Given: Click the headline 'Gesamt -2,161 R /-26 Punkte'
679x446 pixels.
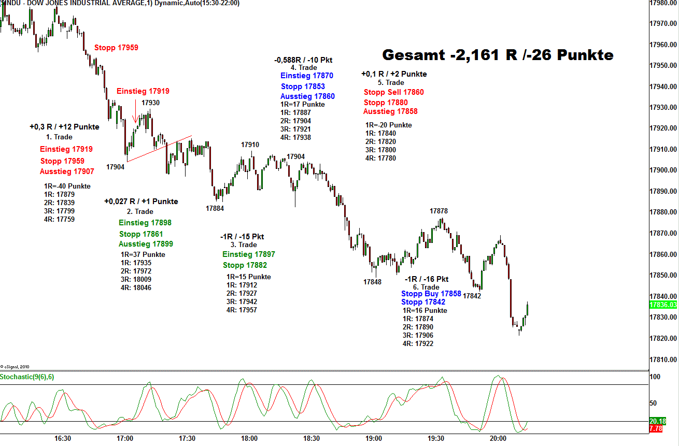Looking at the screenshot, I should (x=498, y=55).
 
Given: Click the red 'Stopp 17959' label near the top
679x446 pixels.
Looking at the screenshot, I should (x=116, y=48).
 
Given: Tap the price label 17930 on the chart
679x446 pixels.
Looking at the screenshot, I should (x=150, y=103).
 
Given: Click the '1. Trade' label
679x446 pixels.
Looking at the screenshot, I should (x=59, y=137).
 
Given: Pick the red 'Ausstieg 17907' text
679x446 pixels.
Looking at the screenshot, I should (x=67, y=171).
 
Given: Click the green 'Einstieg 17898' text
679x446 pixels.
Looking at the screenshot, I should (x=145, y=223).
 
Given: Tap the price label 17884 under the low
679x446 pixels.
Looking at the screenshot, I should (x=215, y=208).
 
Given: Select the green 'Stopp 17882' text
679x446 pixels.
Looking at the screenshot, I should (x=245, y=266).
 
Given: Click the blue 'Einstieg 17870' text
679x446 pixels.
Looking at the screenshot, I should (x=307, y=76).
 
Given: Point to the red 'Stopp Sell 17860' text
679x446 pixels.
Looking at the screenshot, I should (x=393, y=92).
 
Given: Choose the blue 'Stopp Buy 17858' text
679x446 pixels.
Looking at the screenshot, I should (x=431, y=294).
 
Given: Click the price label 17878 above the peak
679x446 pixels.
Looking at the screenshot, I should (x=438, y=211).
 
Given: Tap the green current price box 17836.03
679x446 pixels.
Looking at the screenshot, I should (x=663, y=305).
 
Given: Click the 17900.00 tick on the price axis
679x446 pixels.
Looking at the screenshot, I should (x=663, y=170).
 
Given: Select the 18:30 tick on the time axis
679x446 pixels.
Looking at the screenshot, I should (x=311, y=438).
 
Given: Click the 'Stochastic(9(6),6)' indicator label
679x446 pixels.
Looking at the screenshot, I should (x=27, y=377).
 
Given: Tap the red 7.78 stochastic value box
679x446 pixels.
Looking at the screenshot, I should (x=655, y=429).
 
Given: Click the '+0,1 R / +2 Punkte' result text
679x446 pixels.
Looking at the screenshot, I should (x=394, y=74).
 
